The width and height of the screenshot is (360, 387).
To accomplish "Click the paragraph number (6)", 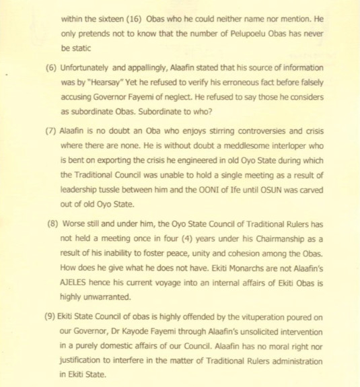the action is tap(50, 68).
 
